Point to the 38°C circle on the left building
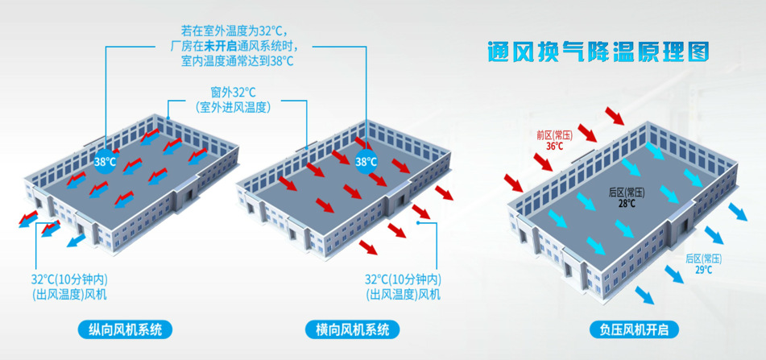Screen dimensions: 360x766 point(106,161)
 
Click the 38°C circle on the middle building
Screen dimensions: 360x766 point(366,161)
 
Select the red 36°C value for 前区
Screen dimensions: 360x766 point(555,147)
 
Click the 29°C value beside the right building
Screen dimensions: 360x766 point(703,270)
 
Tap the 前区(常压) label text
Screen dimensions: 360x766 point(554,135)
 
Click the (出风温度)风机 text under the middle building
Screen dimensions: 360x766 point(403,294)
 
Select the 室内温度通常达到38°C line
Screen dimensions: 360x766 point(238,60)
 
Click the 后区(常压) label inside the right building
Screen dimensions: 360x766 point(627,192)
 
